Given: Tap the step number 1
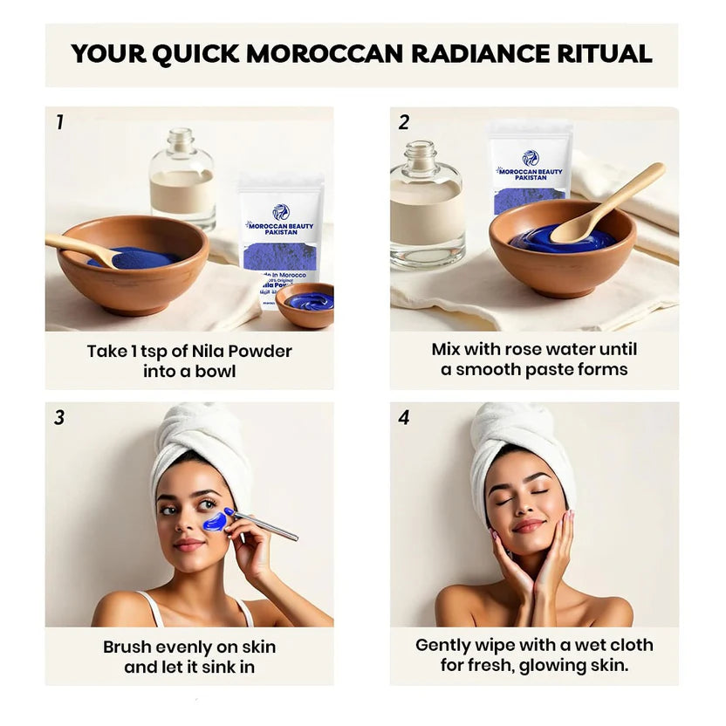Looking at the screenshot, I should pos(59,122).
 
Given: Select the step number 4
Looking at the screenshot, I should pos(403,418).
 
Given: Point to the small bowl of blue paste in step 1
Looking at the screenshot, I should pos(305,303).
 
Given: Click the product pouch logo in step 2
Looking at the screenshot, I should pos(531,158).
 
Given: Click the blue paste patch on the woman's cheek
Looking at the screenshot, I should pos(215,521).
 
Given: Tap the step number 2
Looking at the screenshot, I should pos(403,122).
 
